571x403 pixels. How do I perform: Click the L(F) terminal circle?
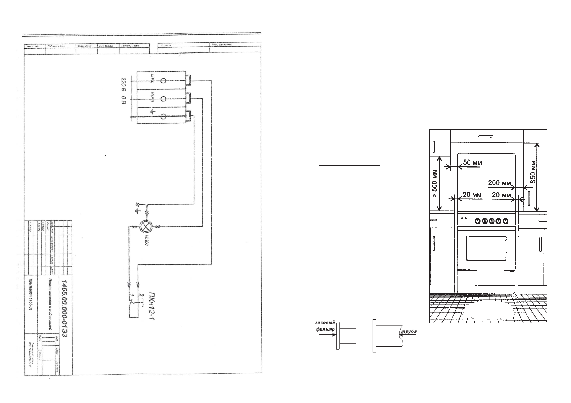coord(163,81)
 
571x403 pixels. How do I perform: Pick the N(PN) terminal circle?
coord(163,99)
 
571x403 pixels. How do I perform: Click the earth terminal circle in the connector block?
coord(163,116)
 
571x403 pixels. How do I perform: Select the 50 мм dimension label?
coord(472,163)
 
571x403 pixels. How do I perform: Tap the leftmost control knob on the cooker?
coord(477,221)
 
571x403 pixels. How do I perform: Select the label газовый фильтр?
coord(324,326)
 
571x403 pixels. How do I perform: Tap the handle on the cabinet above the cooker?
coord(487,136)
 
